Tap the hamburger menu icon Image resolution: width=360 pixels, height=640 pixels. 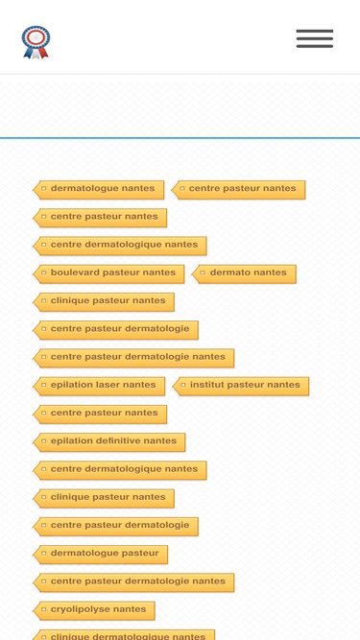(x=315, y=38)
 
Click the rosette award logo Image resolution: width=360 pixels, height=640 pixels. (x=36, y=42)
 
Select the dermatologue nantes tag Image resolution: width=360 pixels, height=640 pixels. (x=99, y=190)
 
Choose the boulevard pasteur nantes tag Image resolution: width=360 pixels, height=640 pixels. (x=108, y=274)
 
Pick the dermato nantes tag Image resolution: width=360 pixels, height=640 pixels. (x=244, y=274)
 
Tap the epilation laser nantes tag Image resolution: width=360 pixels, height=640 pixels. (x=99, y=387)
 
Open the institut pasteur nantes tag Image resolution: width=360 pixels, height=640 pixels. (x=240, y=387)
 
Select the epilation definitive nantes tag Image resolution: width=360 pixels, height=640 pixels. (x=109, y=442)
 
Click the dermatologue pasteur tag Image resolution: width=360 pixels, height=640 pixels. (x=101, y=555)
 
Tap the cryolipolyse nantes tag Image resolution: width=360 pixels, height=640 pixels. (x=94, y=611)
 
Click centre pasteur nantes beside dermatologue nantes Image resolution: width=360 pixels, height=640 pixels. (x=238, y=190)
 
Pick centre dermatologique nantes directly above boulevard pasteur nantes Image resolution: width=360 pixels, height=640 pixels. (x=120, y=247)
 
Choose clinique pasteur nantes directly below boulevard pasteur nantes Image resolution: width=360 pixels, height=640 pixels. (x=104, y=302)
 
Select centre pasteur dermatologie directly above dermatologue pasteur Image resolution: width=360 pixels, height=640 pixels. (x=115, y=527)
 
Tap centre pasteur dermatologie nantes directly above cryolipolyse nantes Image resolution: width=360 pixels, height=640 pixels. (x=133, y=582)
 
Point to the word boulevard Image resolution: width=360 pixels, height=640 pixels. (x=69, y=273)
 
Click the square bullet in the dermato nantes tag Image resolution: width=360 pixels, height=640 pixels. (x=203, y=273)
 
